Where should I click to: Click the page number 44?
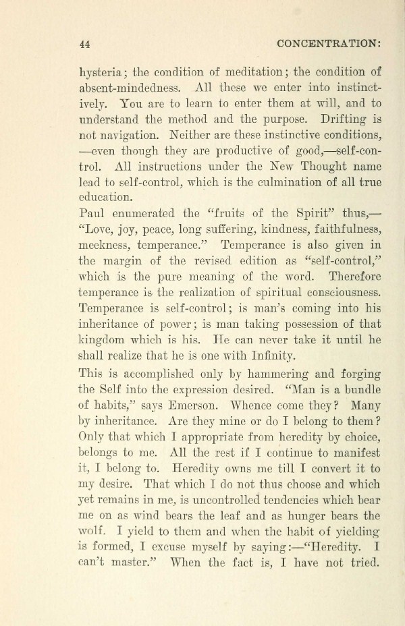tap(85, 44)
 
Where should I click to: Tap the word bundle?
tap(360, 389)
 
